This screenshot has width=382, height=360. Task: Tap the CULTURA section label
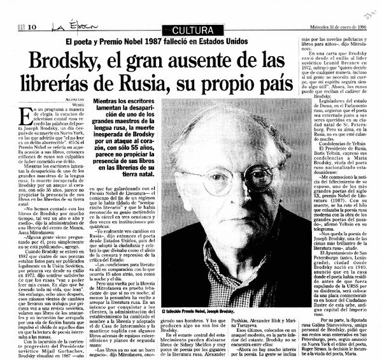[190, 29]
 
